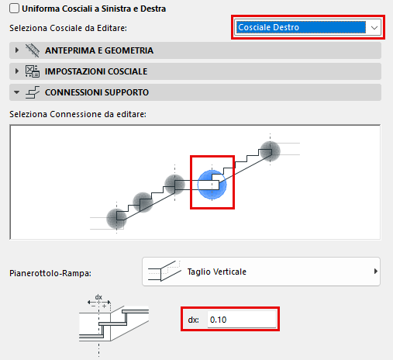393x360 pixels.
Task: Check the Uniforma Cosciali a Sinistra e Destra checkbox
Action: (x=14, y=9)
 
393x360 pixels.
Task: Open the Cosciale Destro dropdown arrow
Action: (x=374, y=27)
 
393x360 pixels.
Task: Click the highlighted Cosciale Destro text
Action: (x=268, y=27)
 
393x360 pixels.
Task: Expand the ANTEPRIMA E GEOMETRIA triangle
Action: (x=17, y=50)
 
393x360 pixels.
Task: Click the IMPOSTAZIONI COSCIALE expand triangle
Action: (x=17, y=71)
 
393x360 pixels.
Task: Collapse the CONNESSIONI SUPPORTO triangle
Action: (x=17, y=92)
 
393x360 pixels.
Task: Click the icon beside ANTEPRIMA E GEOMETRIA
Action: (x=33, y=50)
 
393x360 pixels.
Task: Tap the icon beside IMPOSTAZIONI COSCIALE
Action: (x=33, y=71)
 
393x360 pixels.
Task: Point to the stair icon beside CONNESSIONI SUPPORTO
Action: (x=33, y=92)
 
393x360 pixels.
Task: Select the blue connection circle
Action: (x=212, y=185)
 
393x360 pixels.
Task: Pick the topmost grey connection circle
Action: (x=270, y=151)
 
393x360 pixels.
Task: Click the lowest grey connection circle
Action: (x=116, y=219)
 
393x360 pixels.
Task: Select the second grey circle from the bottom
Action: (x=143, y=202)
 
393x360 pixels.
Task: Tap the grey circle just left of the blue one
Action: (x=174, y=185)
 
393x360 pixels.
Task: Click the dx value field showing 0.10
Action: (x=242, y=320)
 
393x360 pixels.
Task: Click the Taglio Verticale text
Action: (x=217, y=272)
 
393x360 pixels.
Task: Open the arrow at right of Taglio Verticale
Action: (x=376, y=272)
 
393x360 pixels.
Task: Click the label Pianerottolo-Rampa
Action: (x=50, y=273)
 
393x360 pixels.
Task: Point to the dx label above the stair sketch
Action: (x=98, y=297)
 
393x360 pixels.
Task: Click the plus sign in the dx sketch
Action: (x=104, y=306)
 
